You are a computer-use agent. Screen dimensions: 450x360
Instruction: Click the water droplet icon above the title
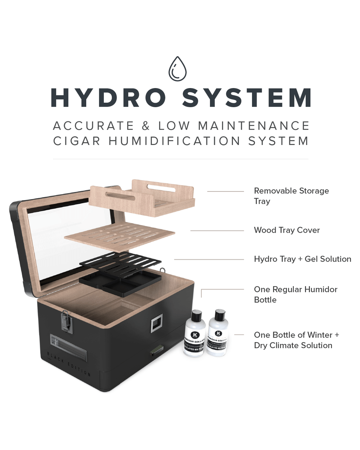pos(177,69)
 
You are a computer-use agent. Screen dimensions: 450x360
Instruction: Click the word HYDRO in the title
pos(108,98)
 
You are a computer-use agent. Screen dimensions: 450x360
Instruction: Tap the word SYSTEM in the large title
pos(247,98)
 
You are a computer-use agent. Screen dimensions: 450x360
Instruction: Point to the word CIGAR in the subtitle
pos(77,141)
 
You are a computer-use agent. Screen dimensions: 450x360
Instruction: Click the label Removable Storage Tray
pos(291,196)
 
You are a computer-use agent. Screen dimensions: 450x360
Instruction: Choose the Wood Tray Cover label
pos(286,230)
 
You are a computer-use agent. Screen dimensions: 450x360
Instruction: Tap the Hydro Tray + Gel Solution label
pos(302,259)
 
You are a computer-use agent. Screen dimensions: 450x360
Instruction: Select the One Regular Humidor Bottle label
pos(295,295)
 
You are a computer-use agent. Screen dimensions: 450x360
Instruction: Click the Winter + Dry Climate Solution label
pos(296,340)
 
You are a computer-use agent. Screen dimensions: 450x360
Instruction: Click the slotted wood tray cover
pos(119,236)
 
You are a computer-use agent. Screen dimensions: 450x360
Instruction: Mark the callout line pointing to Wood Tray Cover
pos(217,230)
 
